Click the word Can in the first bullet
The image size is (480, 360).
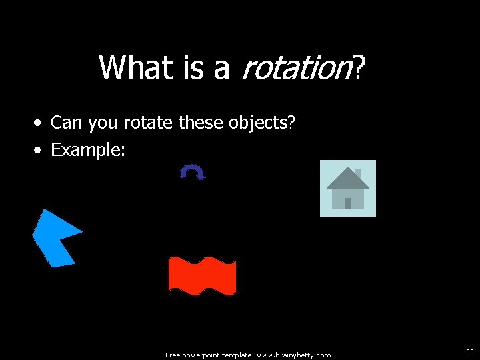pyautogui.click(x=65, y=123)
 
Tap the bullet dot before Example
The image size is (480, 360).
pyautogui.click(x=40, y=151)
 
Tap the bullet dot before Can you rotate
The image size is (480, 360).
pyautogui.click(x=40, y=123)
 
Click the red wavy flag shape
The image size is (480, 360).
pyautogui.click(x=202, y=275)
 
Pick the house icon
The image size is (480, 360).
pyautogui.click(x=348, y=188)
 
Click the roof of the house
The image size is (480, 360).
pyautogui.click(x=347, y=179)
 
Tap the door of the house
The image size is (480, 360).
pyautogui.click(x=347, y=203)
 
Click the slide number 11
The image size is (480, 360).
pyautogui.click(x=470, y=351)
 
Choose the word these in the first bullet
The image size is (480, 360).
pyautogui.click(x=203, y=123)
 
